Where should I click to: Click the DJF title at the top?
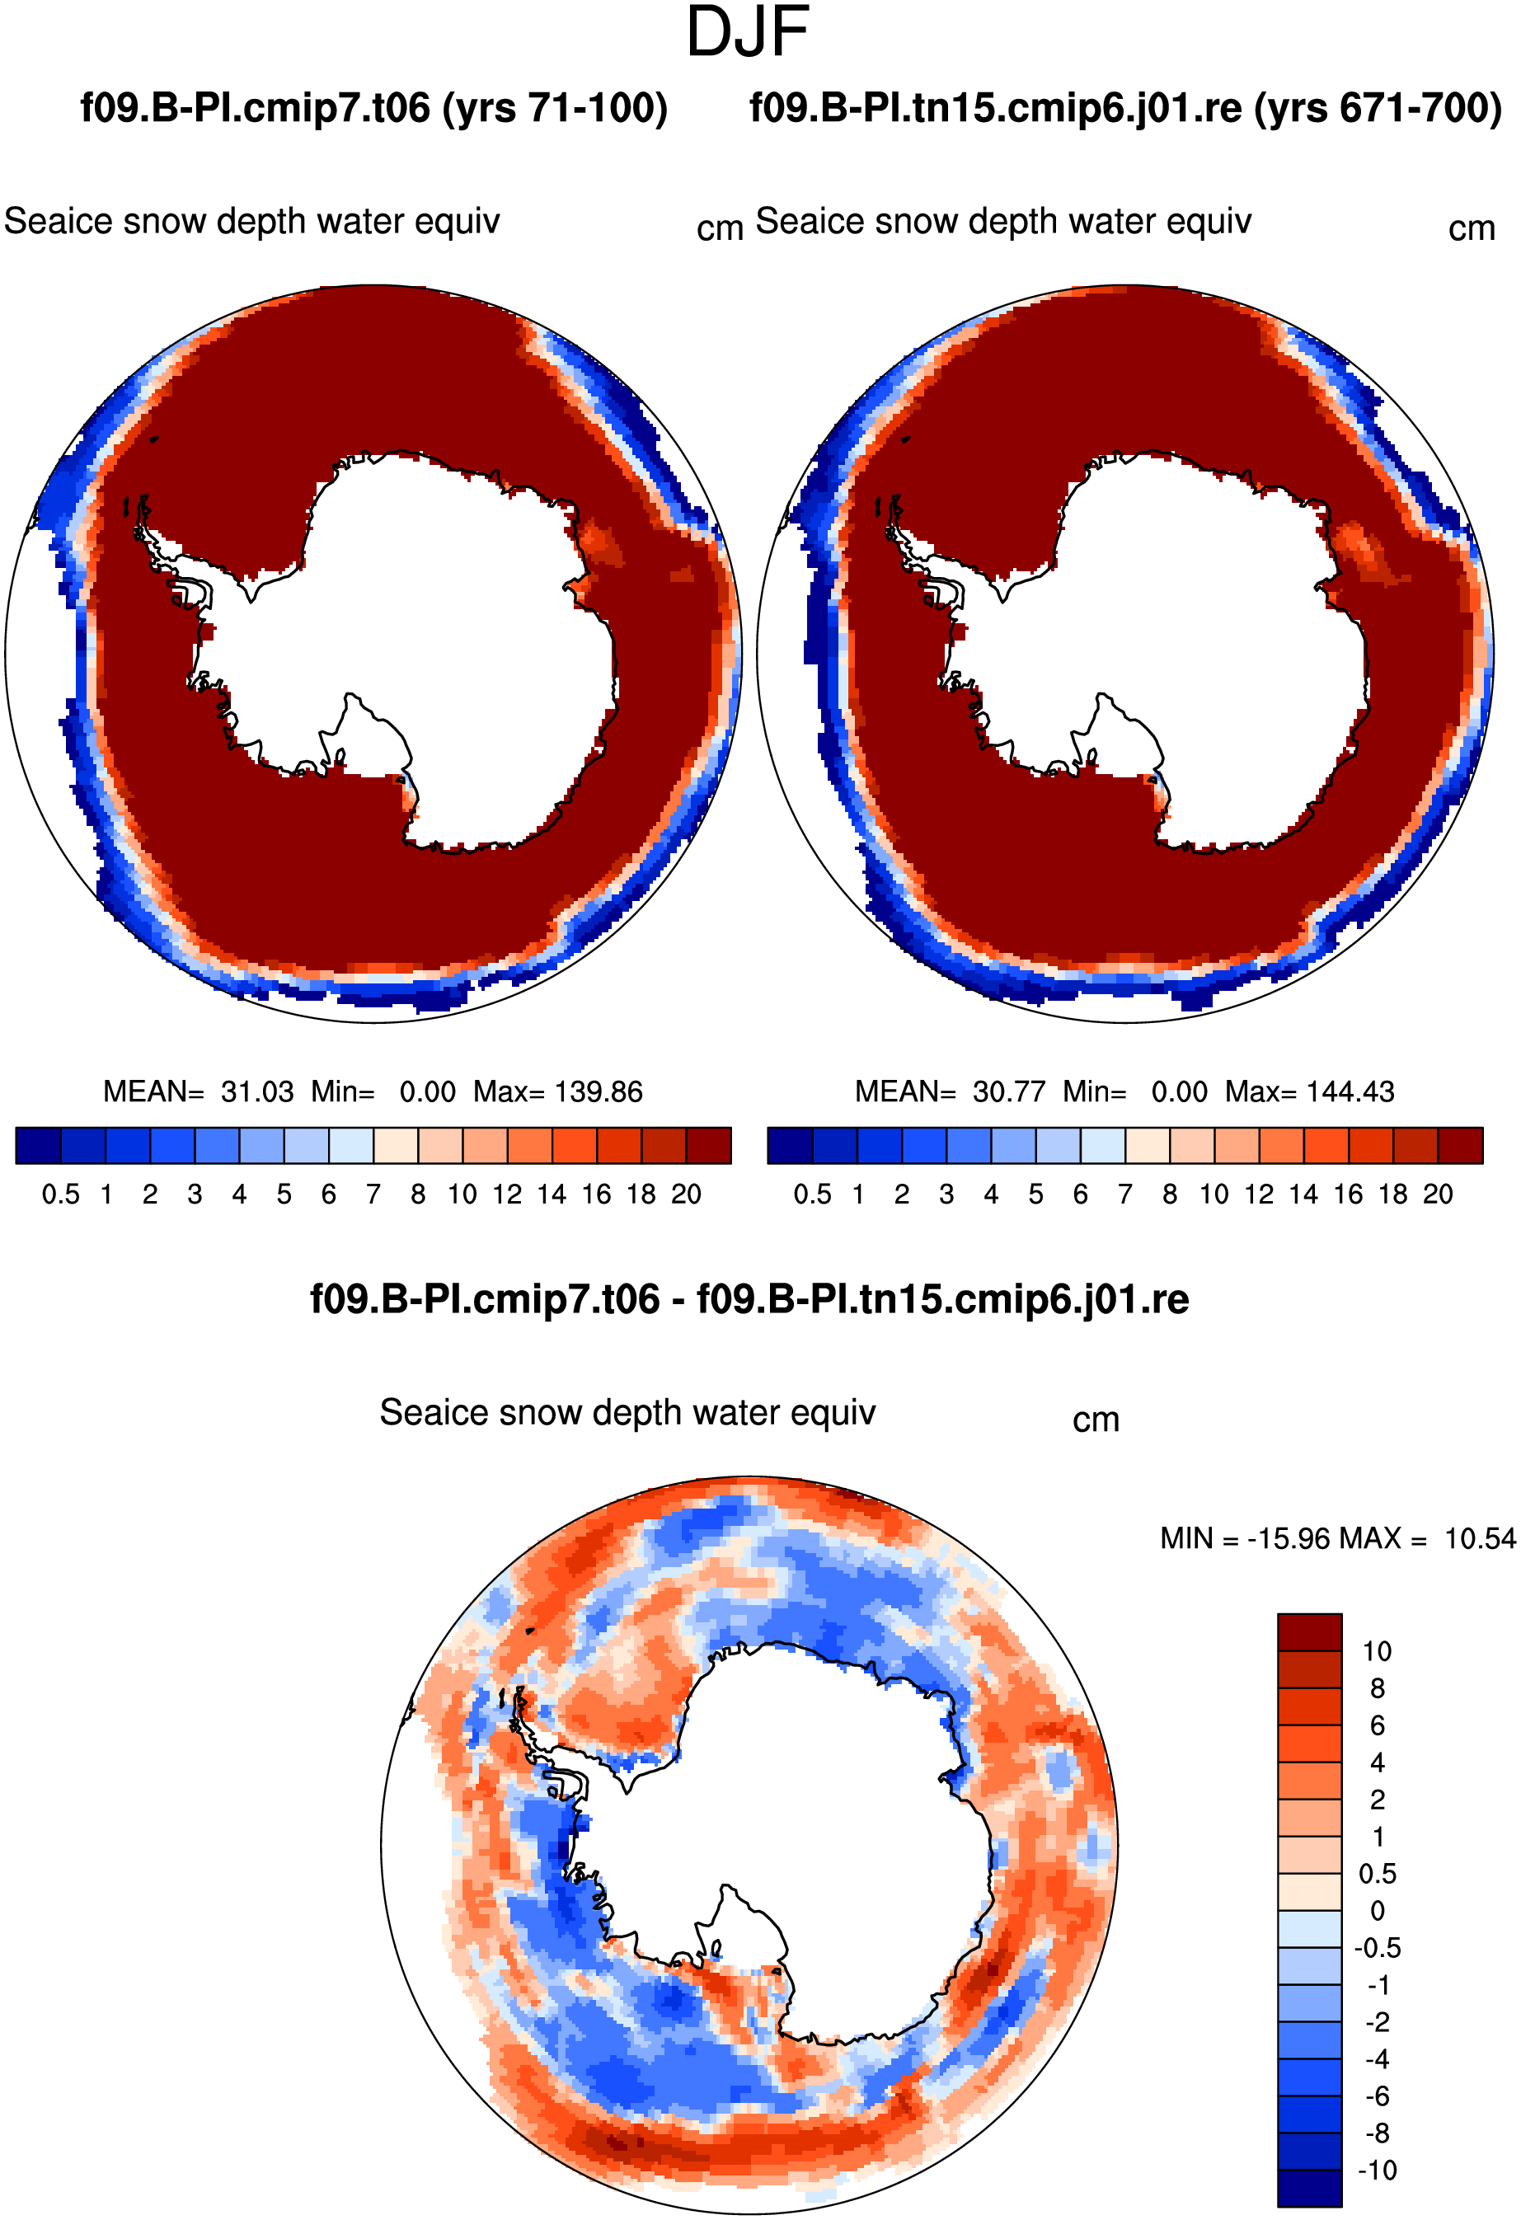pyautogui.click(x=747, y=31)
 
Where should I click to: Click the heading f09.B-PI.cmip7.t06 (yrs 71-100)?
pyautogui.click(x=373, y=108)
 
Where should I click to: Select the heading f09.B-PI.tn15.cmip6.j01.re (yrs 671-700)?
pyautogui.click(x=1125, y=108)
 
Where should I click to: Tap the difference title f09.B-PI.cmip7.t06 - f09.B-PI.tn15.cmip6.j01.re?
pyautogui.click(x=749, y=1299)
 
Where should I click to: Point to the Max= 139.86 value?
pyautogui.click(x=558, y=1091)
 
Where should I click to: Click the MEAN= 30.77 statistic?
pyautogui.click(x=950, y=1091)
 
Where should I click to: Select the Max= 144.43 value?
pyautogui.click(x=1310, y=1091)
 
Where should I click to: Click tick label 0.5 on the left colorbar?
pyautogui.click(x=60, y=1195)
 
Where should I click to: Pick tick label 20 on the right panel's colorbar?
pyautogui.click(x=1438, y=1195)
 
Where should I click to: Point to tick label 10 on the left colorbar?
pyautogui.click(x=462, y=1195)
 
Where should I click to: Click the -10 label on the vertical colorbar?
pyautogui.click(x=1377, y=2171)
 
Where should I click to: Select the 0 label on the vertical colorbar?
pyautogui.click(x=1377, y=1911)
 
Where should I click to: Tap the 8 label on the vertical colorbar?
pyautogui.click(x=1377, y=1688)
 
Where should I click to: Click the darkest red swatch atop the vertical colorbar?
pyautogui.click(x=1310, y=1631)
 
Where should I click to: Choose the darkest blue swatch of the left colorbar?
pyautogui.click(x=38, y=1145)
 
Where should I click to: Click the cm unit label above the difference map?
pyautogui.click(x=1096, y=1420)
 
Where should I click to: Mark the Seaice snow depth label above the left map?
pyautogui.click(x=252, y=222)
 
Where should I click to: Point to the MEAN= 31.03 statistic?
pyautogui.click(x=198, y=1091)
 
